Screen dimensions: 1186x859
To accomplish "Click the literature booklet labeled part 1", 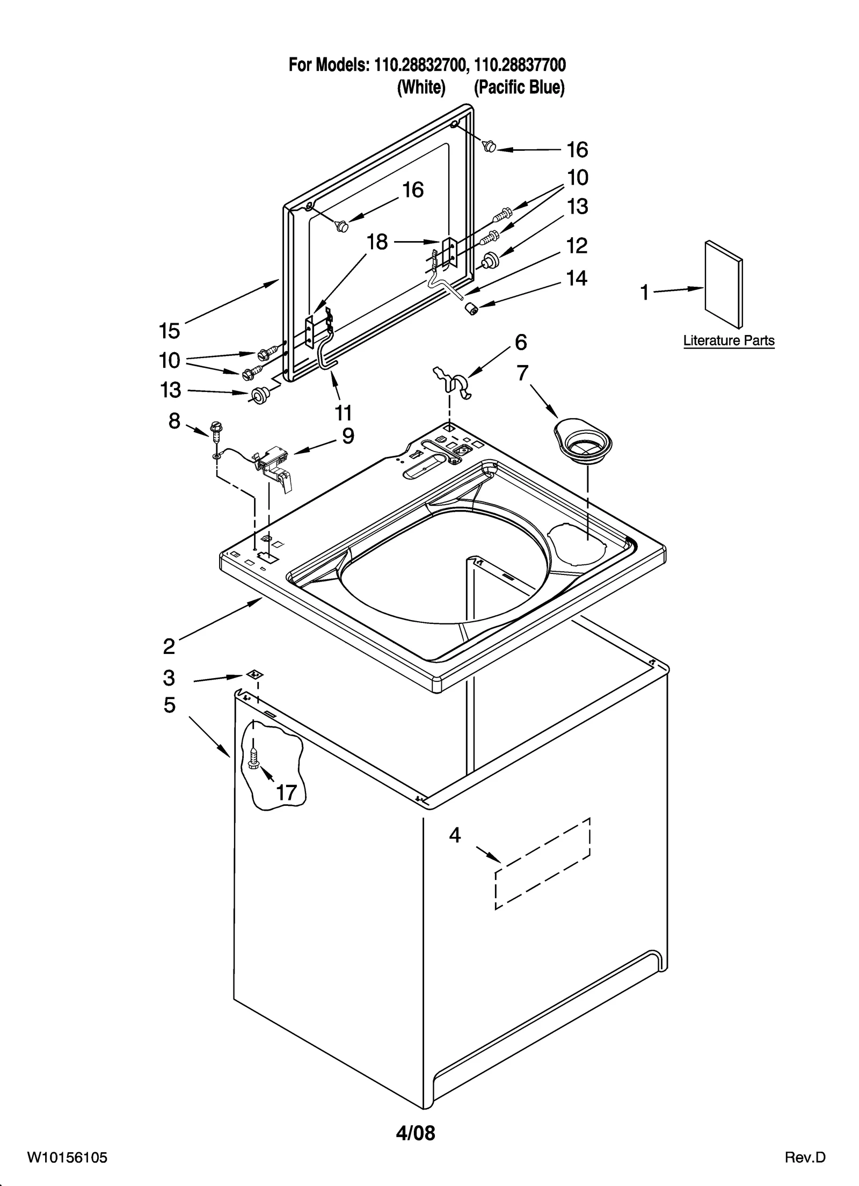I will tap(724, 284).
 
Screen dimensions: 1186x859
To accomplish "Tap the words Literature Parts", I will tap(729, 340).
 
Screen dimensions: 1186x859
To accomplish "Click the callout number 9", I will tap(348, 436).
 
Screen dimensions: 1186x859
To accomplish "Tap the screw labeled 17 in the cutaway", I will tap(254, 759).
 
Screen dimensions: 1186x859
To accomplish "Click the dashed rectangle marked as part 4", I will tap(542, 864).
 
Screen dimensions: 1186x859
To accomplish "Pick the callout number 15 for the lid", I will tap(169, 331).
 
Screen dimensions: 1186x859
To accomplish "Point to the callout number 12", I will tap(577, 246).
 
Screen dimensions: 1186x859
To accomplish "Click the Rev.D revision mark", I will tap(805, 1168).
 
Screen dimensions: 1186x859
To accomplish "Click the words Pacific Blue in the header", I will tap(519, 87).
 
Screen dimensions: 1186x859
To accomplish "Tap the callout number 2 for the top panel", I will tap(169, 646).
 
